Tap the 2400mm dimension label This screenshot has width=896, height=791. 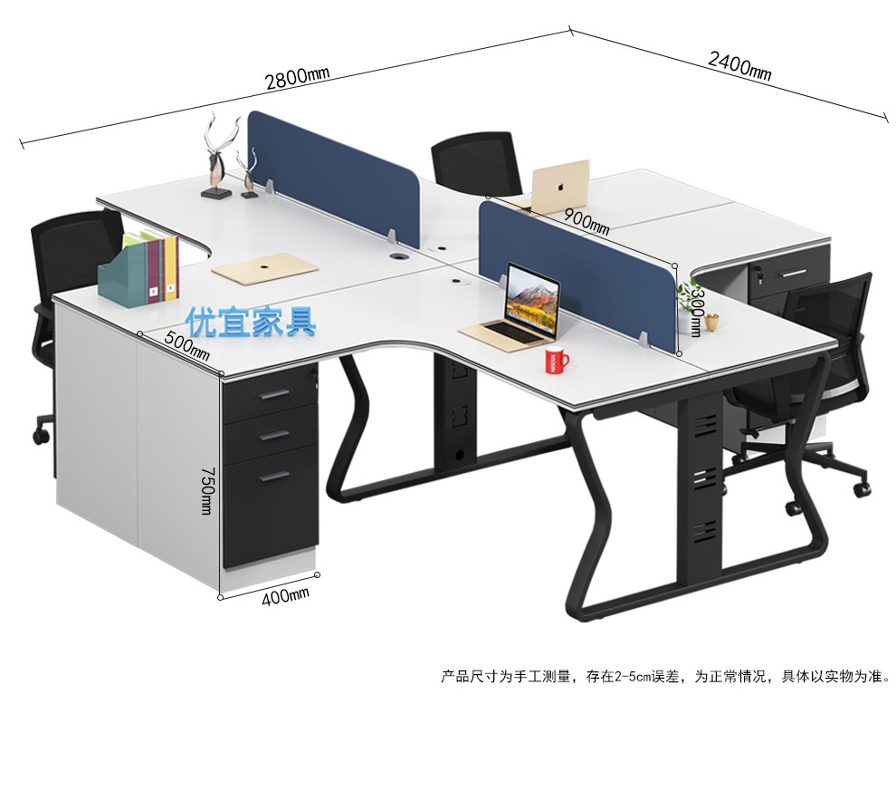[739, 65]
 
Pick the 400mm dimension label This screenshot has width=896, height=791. [286, 595]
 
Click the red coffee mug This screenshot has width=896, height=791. [556, 362]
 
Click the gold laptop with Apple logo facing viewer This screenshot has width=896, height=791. [560, 186]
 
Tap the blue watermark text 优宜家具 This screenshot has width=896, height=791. [251, 322]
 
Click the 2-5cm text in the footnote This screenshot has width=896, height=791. [636, 676]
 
